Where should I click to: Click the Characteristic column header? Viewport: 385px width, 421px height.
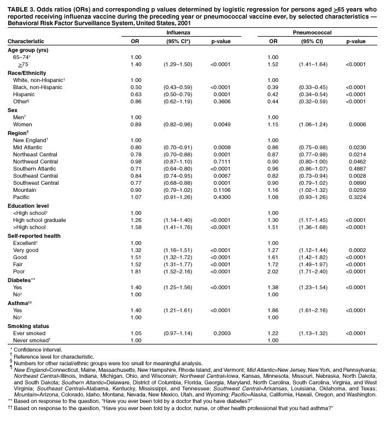point(26,41)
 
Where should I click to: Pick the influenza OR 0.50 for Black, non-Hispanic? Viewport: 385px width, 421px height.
point(136,87)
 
